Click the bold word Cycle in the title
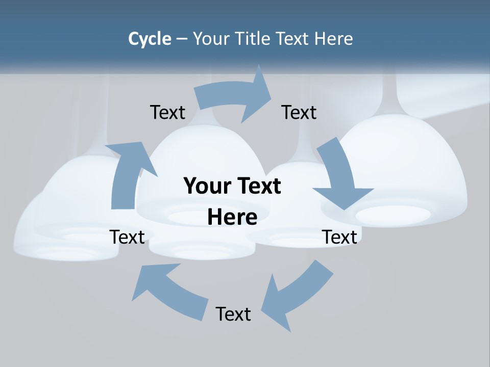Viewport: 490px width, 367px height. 150,39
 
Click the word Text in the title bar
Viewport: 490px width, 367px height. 294,39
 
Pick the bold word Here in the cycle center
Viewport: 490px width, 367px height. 232,217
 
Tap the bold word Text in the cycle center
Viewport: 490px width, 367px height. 258,186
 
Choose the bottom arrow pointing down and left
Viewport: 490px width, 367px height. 296,296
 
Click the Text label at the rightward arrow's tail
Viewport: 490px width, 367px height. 167,112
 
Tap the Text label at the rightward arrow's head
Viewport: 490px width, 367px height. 299,112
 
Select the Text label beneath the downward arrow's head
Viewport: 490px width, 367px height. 339,237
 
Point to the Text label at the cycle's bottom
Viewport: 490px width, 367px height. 233,314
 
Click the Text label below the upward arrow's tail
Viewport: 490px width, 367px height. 128,237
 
